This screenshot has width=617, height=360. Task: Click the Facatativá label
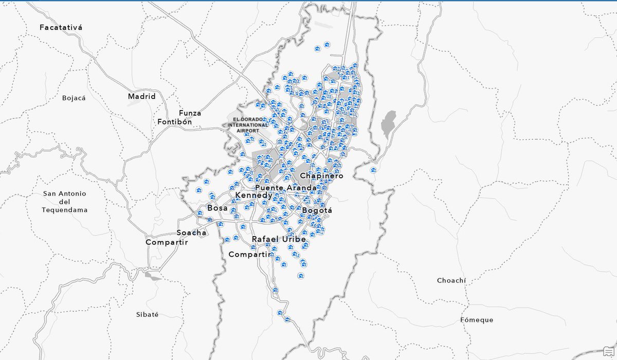pos(61,27)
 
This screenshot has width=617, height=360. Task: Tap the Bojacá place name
pos(72,98)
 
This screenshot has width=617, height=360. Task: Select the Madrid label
pos(141,96)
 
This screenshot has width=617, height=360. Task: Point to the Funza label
pos(190,113)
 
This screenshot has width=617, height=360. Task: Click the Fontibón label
pos(174,122)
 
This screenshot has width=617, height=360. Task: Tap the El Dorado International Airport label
pos(248,125)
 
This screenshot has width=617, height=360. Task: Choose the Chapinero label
pos(321,176)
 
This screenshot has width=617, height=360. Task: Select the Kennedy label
pos(253,196)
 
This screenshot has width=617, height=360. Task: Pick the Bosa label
pos(217,208)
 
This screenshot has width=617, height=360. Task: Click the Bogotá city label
pos(317,210)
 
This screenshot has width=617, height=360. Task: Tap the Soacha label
pos(191,232)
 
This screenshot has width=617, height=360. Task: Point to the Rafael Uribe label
pos(278,239)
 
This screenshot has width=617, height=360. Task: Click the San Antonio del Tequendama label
pos(65,202)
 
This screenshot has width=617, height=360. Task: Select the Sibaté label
pos(147,314)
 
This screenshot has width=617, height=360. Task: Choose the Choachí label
pos(451,280)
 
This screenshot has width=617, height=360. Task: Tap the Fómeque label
pos(477,320)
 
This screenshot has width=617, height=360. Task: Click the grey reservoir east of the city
pos(389,124)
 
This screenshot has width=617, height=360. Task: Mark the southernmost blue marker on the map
pos(287,319)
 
